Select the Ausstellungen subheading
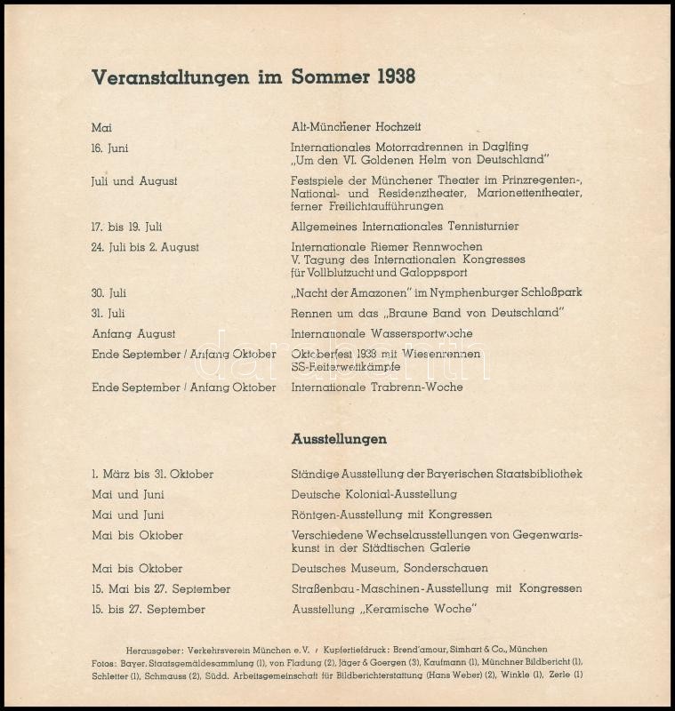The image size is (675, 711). click(339, 439)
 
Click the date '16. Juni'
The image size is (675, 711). click(109, 148)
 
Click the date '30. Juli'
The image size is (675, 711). click(108, 292)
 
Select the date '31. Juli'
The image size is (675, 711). click(108, 313)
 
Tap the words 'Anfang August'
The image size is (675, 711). click(133, 334)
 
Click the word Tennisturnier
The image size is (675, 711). click(485, 227)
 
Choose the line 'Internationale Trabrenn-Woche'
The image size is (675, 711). click(377, 387)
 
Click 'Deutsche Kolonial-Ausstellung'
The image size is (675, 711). click(374, 494)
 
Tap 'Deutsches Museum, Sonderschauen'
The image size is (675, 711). click(390, 569)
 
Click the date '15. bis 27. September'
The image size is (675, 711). click(149, 610)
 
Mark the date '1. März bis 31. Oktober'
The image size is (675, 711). click(152, 475)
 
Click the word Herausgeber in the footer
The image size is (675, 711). click(153, 650)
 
